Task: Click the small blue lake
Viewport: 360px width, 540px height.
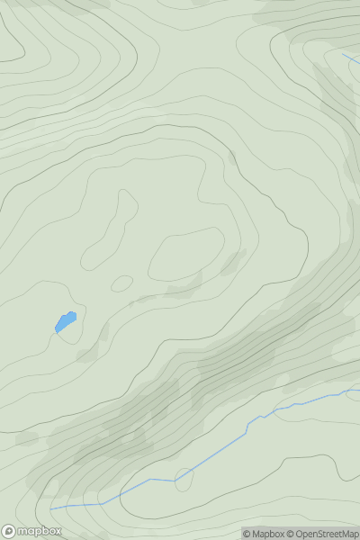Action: tap(66, 320)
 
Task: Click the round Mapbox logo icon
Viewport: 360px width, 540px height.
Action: tap(9, 531)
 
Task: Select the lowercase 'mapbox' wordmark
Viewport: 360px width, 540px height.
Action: tap(39, 531)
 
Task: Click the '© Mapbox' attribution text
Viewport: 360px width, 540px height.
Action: tap(263, 533)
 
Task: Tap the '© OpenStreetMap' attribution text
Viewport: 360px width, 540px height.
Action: tap(321, 533)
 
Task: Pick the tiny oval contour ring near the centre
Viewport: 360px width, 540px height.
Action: tap(121, 283)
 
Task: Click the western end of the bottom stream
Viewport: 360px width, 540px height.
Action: tap(51, 509)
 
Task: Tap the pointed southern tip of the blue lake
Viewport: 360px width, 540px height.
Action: tap(57, 332)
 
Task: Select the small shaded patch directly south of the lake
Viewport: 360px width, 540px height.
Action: tap(87, 356)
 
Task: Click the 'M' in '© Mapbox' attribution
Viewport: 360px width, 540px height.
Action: tap(257, 533)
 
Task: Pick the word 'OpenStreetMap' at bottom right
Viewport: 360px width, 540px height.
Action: tap(326, 533)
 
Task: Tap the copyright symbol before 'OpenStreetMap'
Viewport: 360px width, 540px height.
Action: tap(291, 533)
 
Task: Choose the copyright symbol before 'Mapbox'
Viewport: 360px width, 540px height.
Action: tap(247, 533)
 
